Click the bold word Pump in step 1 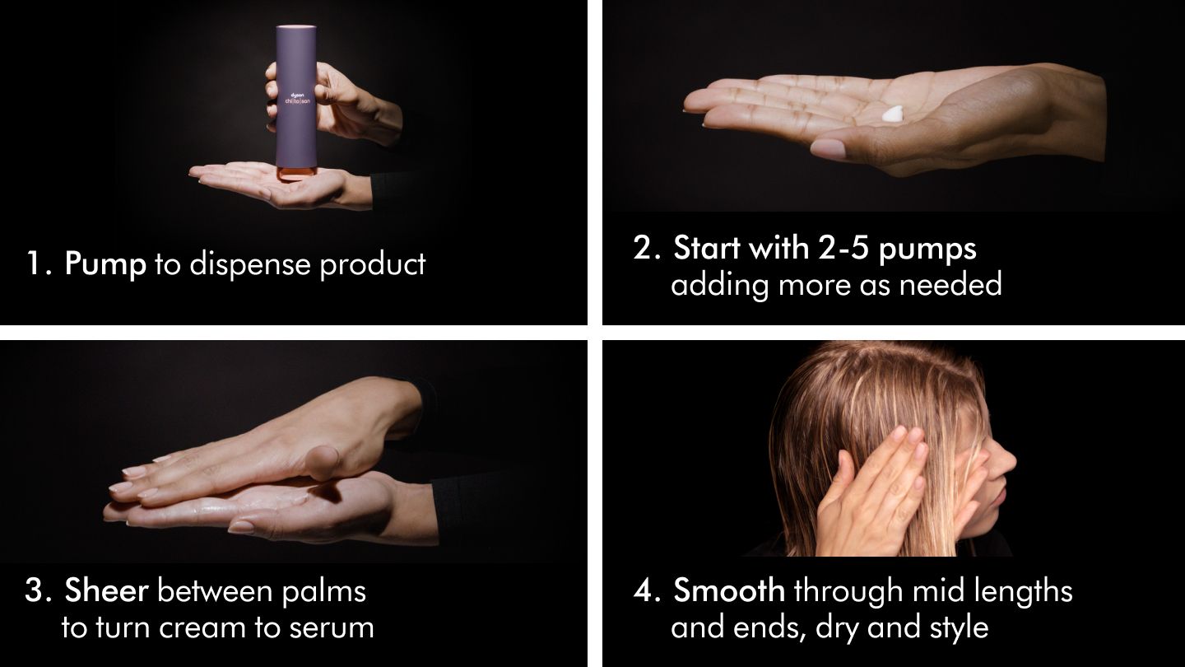click(x=105, y=264)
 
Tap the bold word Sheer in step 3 click(x=107, y=590)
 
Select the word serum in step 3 click(x=332, y=627)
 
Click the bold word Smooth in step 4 click(x=729, y=590)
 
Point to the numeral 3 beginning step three click(x=34, y=591)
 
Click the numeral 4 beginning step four click(x=644, y=591)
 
